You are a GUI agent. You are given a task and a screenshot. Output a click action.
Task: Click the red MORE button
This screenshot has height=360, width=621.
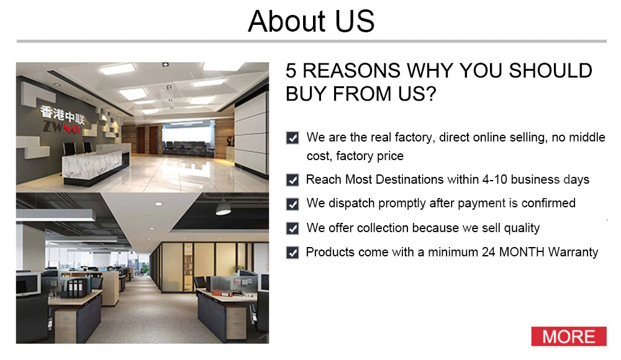(x=569, y=336)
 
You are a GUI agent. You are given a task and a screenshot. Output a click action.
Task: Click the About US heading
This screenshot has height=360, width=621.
(x=311, y=21)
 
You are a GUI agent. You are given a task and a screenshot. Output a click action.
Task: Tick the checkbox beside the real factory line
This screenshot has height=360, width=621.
(x=292, y=138)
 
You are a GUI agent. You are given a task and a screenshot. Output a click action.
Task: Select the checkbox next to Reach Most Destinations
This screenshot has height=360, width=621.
(x=292, y=180)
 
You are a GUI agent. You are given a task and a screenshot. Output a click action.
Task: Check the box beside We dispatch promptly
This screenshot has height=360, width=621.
(x=292, y=204)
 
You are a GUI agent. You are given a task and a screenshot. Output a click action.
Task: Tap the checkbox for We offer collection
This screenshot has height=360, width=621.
(x=292, y=228)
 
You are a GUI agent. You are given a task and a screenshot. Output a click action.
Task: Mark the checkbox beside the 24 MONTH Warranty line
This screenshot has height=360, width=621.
(x=292, y=252)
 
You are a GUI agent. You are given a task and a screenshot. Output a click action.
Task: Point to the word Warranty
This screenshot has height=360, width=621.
(x=573, y=252)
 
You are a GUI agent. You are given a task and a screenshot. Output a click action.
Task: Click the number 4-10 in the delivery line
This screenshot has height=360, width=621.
(x=495, y=179)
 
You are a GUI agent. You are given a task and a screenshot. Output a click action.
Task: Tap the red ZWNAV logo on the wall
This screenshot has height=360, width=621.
(x=61, y=127)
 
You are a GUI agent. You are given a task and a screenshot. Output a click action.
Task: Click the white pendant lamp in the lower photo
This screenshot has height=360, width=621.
(x=223, y=209)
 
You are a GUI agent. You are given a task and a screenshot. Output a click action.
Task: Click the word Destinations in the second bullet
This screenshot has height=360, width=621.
(x=409, y=179)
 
